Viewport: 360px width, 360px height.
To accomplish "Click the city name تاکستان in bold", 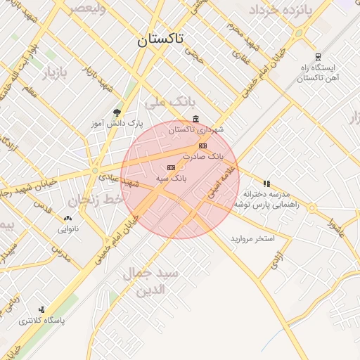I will coord(160,40).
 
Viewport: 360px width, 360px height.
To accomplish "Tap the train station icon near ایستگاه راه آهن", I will coord(318,58).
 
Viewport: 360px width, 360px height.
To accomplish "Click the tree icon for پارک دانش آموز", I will coord(117,112).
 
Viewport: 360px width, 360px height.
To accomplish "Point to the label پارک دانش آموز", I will coord(116,123).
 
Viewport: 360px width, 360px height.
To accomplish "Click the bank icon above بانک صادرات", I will coord(203,146).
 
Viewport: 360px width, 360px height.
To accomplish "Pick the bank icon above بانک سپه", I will coord(170,167).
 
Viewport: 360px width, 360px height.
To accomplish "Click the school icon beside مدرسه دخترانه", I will coord(266,184).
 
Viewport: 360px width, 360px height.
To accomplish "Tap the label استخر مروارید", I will coord(252,238).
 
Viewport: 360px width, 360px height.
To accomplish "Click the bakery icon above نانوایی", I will coord(67,219).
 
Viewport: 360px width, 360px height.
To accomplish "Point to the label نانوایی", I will coord(68,229).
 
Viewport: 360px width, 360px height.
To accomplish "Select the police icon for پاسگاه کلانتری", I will coord(42,309).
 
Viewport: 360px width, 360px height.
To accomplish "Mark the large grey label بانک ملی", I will coord(168,103).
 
